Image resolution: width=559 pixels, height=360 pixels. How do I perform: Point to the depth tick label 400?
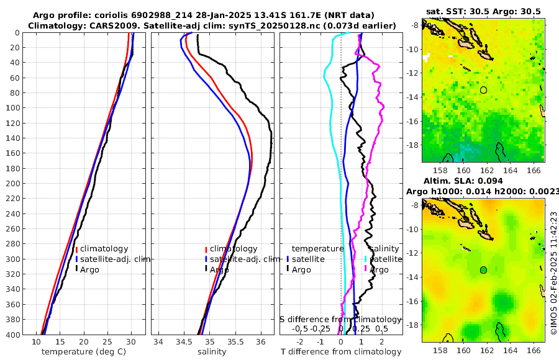click(x=12, y=335)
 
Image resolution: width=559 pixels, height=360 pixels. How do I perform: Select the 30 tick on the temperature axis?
click(x=131, y=342)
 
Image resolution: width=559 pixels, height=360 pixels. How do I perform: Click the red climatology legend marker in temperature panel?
click(x=76, y=249)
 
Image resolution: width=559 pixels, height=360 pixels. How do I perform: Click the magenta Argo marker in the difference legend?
click(x=366, y=269)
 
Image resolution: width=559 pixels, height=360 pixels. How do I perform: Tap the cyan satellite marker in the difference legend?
click(x=366, y=259)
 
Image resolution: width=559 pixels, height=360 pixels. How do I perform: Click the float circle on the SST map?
click(x=483, y=90)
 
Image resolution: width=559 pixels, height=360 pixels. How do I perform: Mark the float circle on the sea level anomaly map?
click(x=483, y=270)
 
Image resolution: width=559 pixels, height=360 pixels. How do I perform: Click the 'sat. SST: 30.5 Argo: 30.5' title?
click(x=483, y=12)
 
